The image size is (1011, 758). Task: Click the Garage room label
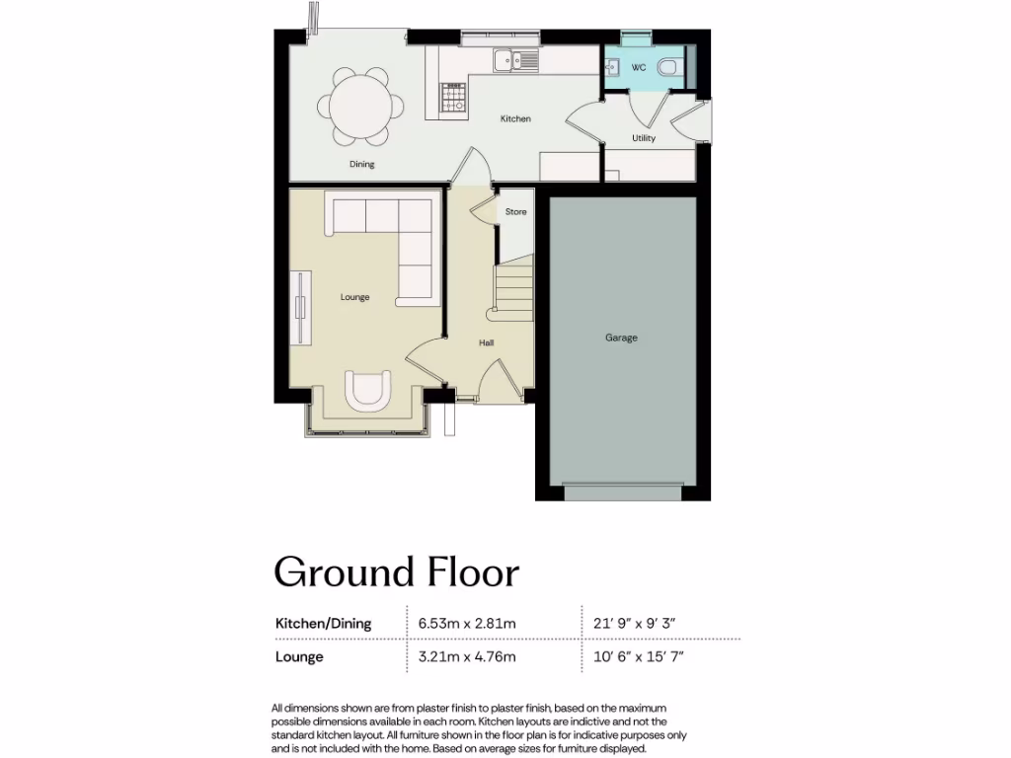[621, 338]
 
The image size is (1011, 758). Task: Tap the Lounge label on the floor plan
[354, 297]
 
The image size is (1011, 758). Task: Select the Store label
[515, 212]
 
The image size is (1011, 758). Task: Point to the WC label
[638, 68]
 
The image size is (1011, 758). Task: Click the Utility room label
[643, 138]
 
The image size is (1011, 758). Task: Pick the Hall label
[486, 342]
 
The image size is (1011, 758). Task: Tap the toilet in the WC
[670, 67]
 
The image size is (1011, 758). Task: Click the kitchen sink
[515, 60]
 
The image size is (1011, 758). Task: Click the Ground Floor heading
[396, 571]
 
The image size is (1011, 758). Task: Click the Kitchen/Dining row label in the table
[323, 623]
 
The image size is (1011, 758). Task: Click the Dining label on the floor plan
[362, 164]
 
